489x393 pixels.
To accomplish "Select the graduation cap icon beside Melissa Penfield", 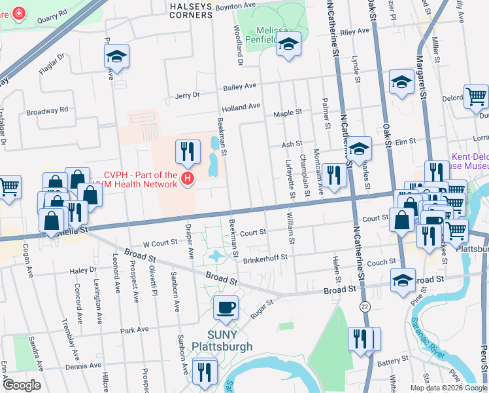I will click(288, 45).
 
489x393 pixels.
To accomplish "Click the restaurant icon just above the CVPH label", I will click(188, 151).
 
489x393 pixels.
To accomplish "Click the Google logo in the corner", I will click(22, 384).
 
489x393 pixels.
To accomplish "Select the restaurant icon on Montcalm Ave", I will click(333, 175).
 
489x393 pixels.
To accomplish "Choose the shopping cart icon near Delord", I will click(477, 96).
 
